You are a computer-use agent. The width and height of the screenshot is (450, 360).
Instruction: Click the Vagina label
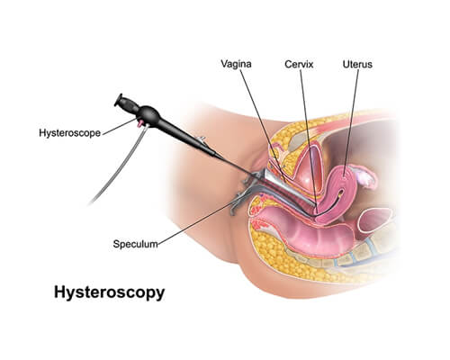[x=236, y=64]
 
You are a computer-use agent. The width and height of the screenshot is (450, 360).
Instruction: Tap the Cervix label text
[x=299, y=64]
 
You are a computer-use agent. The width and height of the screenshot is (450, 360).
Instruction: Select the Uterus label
[x=357, y=64]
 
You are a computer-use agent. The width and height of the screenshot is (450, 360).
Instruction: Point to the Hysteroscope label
[x=69, y=133]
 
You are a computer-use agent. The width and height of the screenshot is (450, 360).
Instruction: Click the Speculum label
[x=135, y=244]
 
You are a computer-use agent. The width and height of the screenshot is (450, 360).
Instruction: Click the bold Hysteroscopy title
[x=110, y=292]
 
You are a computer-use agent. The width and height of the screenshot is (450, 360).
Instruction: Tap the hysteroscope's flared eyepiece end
[x=119, y=100]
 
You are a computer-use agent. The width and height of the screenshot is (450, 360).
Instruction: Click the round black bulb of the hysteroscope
[x=148, y=114]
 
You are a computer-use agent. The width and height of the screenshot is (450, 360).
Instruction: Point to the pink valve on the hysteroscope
[x=139, y=123]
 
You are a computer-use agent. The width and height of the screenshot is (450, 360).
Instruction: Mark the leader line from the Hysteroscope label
[x=119, y=126]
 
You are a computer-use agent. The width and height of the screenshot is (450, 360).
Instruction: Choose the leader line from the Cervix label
[x=309, y=137]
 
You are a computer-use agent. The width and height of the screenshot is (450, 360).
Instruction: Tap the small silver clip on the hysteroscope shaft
[x=200, y=139]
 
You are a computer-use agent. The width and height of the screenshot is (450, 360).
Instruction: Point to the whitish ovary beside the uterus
[x=365, y=177]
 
